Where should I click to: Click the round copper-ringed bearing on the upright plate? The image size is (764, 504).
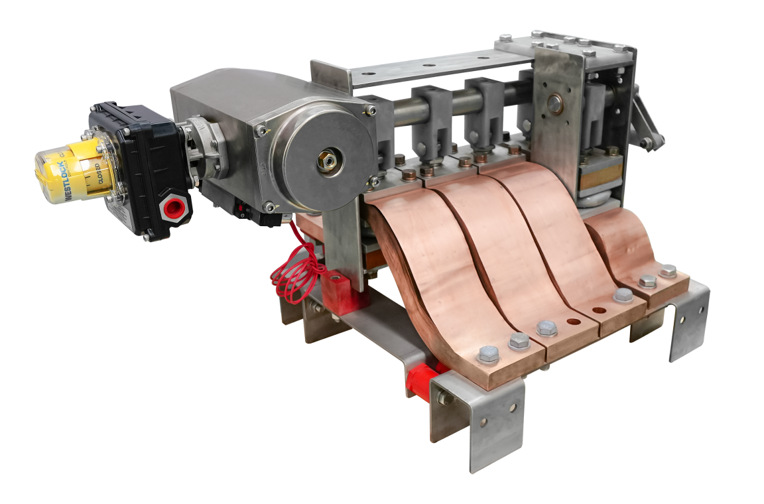[x=554, y=102]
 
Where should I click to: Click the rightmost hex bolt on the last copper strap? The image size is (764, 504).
[x=668, y=271]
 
